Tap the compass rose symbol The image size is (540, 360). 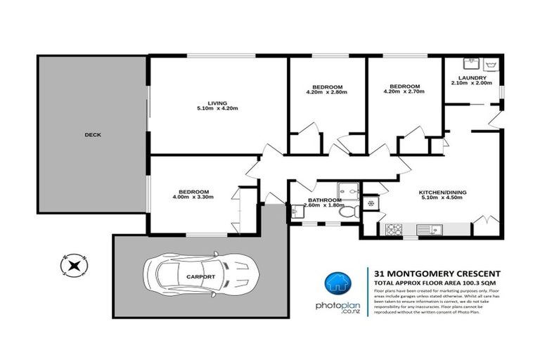tap(73, 264)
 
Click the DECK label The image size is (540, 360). tap(93, 135)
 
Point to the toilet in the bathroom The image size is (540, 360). tap(346, 212)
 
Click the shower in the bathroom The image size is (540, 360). tap(347, 190)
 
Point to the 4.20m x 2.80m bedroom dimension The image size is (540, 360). tap(327, 91)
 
